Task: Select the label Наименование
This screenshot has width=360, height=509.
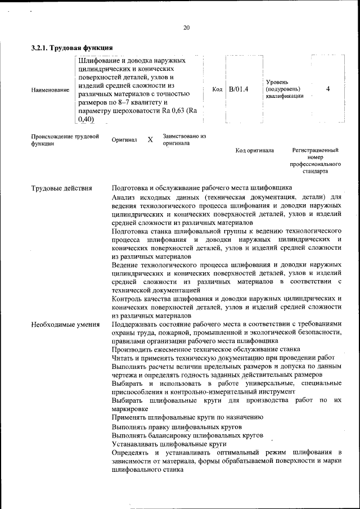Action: click(x=51, y=89)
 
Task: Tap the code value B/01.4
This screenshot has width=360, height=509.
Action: click(x=238, y=89)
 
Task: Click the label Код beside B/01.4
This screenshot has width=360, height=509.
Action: click(x=217, y=89)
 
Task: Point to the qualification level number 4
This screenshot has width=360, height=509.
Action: click(x=328, y=89)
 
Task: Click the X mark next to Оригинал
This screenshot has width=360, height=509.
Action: click(x=150, y=139)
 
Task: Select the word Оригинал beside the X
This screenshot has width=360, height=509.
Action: click(x=124, y=139)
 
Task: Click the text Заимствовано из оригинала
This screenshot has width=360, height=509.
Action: click(x=184, y=139)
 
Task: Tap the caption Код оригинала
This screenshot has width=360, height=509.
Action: click(x=254, y=151)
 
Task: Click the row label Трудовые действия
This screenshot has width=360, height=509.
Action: click(x=61, y=188)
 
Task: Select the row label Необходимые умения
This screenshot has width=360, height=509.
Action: click(x=65, y=325)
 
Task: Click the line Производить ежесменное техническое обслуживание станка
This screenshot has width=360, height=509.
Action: click(x=206, y=349)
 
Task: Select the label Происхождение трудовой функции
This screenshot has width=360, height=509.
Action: click(x=65, y=139)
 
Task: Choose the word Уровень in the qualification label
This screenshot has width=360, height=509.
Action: click(x=277, y=82)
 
